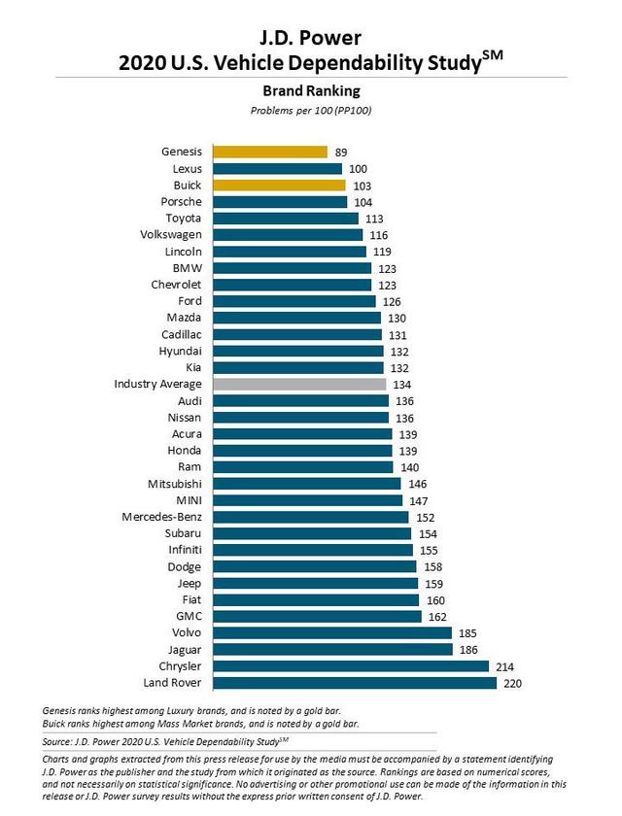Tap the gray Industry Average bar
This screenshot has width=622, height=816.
(x=300, y=385)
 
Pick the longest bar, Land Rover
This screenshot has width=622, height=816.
(x=355, y=684)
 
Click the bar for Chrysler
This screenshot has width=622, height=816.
(x=351, y=666)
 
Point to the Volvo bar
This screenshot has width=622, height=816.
(x=332, y=633)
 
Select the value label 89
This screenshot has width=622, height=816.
(x=341, y=152)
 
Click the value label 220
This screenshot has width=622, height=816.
(x=512, y=684)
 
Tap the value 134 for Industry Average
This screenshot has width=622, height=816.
(x=401, y=385)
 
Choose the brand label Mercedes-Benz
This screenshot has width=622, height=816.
(x=160, y=517)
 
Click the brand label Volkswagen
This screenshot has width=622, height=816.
(x=171, y=234)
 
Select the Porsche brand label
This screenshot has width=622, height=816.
(x=182, y=201)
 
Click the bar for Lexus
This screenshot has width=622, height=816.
(x=278, y=168)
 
